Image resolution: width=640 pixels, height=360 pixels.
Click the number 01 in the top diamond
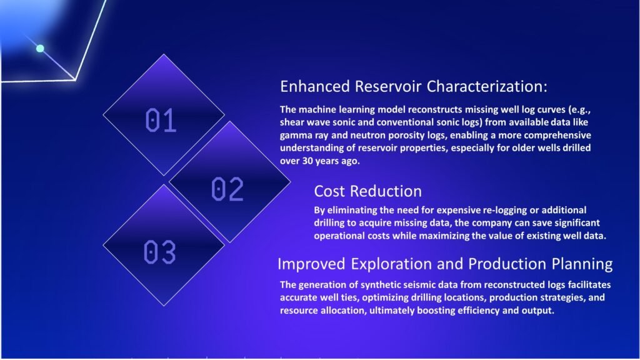pos(161,121)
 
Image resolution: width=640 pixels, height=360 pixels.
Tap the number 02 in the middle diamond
pos(227,189)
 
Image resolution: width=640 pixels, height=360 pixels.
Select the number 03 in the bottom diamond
pos(159,252)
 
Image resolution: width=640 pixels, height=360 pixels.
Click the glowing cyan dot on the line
pos(40,49)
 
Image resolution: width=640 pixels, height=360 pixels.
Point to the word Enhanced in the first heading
pos(315,86)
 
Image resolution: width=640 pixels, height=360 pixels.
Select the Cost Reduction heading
pos(367,191)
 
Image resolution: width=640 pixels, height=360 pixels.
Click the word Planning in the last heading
pos(582,264)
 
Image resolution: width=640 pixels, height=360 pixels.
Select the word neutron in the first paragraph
pos(365,135)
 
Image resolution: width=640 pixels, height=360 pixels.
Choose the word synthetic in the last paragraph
pos(379,284)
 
